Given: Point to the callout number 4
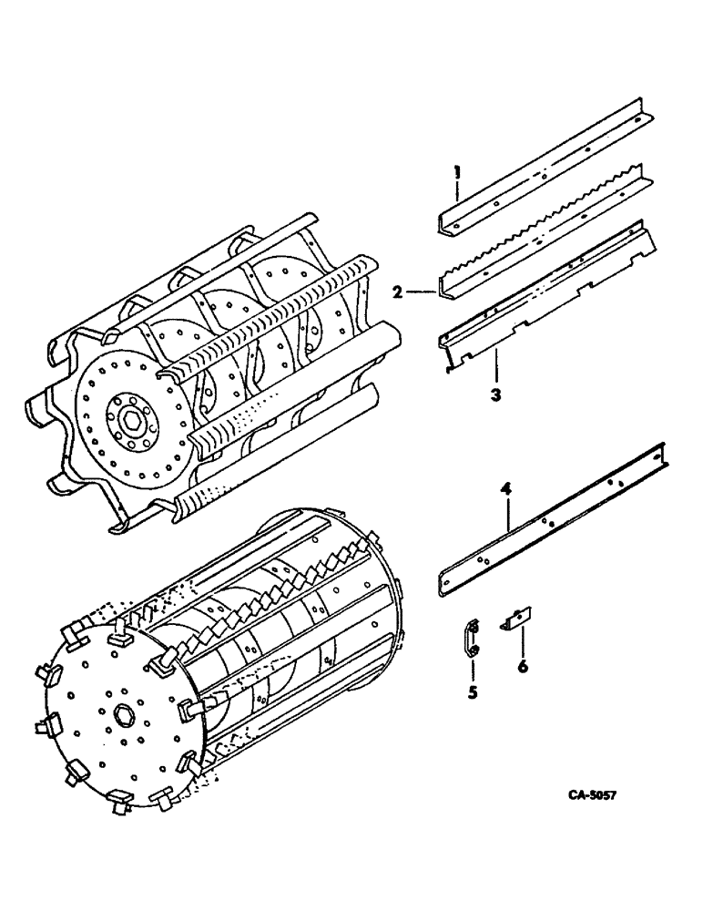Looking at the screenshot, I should [505, 492].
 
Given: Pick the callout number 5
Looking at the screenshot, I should [473, 692].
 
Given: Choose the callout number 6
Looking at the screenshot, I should [522, 667].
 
